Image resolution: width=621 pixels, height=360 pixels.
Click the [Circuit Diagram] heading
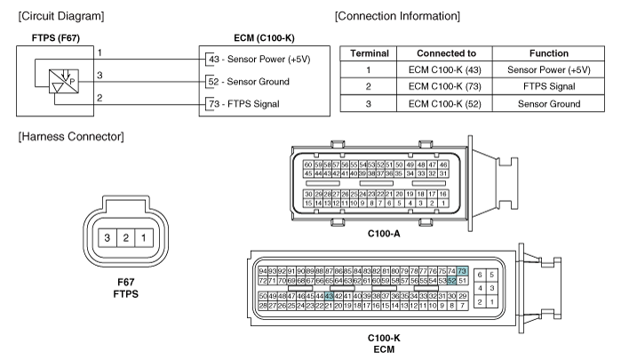53,16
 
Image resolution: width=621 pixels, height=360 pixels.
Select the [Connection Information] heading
398,16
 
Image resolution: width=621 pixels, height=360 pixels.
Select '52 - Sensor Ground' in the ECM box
251,82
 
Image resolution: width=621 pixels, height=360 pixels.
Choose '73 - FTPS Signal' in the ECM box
247,105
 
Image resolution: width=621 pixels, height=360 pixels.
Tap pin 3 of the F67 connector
107,238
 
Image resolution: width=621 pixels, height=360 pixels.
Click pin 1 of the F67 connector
144,238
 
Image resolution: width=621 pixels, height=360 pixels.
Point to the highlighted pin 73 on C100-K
462,271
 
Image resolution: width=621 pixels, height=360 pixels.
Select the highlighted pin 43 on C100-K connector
330,296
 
